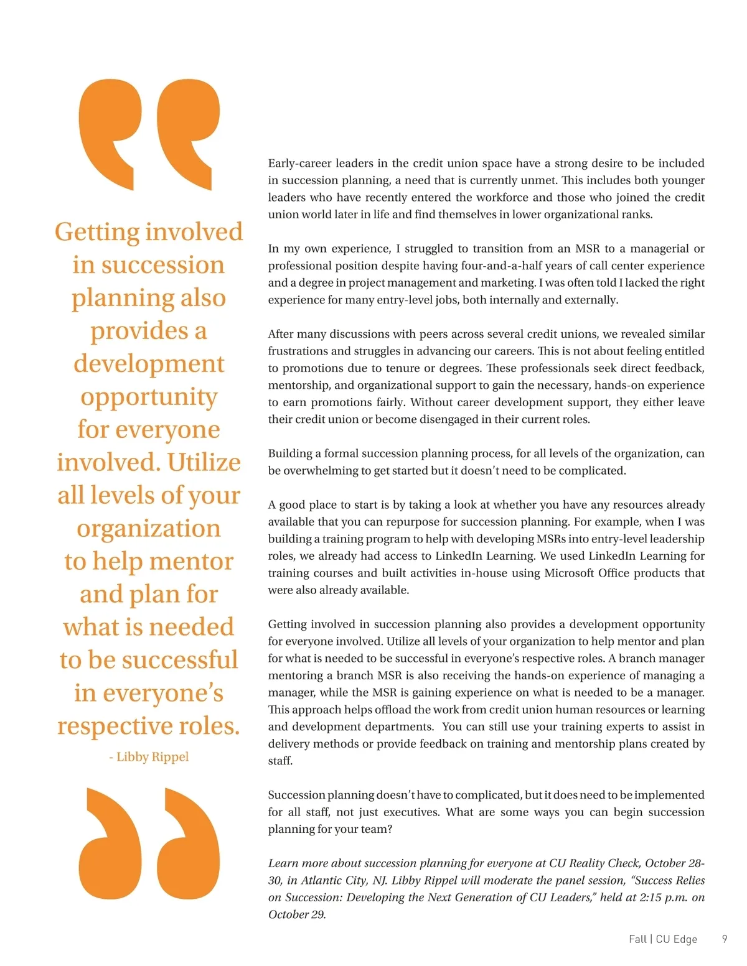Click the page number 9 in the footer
point(724,939)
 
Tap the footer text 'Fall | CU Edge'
point(662,939)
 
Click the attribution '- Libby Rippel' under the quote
point(149,756)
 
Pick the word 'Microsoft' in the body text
point(570,572)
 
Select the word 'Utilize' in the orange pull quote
point(204,462)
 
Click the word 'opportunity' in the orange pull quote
point(149,397)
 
